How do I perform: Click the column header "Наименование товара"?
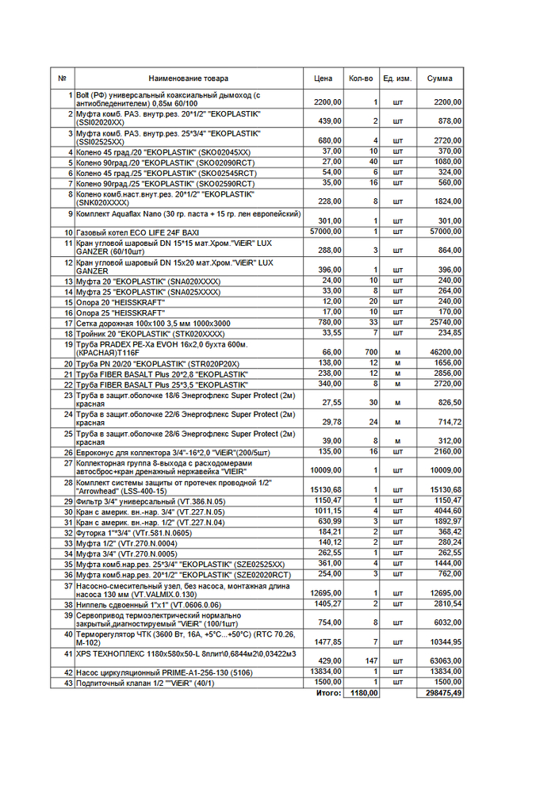188,78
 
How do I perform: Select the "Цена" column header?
323,78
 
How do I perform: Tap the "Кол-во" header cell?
361,78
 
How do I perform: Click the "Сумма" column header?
440,78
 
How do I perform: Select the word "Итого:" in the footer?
328,693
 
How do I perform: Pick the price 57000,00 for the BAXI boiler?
326,232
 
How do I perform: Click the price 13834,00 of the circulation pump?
326,672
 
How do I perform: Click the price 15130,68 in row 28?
326,490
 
